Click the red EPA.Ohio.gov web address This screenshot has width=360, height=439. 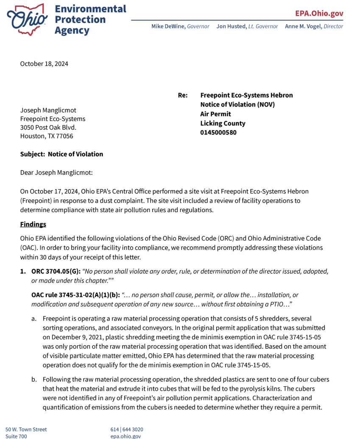[x=319, y=13]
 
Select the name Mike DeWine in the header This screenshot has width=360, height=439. [x=169, y=26]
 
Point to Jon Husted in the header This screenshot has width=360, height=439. [x=232, y=26]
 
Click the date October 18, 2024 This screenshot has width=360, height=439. [x=44, y=64]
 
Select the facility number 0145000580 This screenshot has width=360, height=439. [x=218, y=132]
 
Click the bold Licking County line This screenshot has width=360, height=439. [x=223, y=123]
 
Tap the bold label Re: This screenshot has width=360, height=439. [x=183, y=95]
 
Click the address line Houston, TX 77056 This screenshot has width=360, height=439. [x=47, y=136]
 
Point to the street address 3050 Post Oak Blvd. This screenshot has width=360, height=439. [x=48, y=127]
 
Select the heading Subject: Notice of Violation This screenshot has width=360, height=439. [x=61, y=154]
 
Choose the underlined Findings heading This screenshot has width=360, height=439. [x=33, y=224]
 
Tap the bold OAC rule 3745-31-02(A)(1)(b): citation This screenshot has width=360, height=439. [x=75, y=295]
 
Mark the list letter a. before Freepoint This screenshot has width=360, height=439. [x=34, y=319]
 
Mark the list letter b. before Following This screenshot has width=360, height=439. [x=34, y=380]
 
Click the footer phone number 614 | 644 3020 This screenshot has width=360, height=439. [x=127, y=429]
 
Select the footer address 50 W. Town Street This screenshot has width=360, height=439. [x=26, y=429]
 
